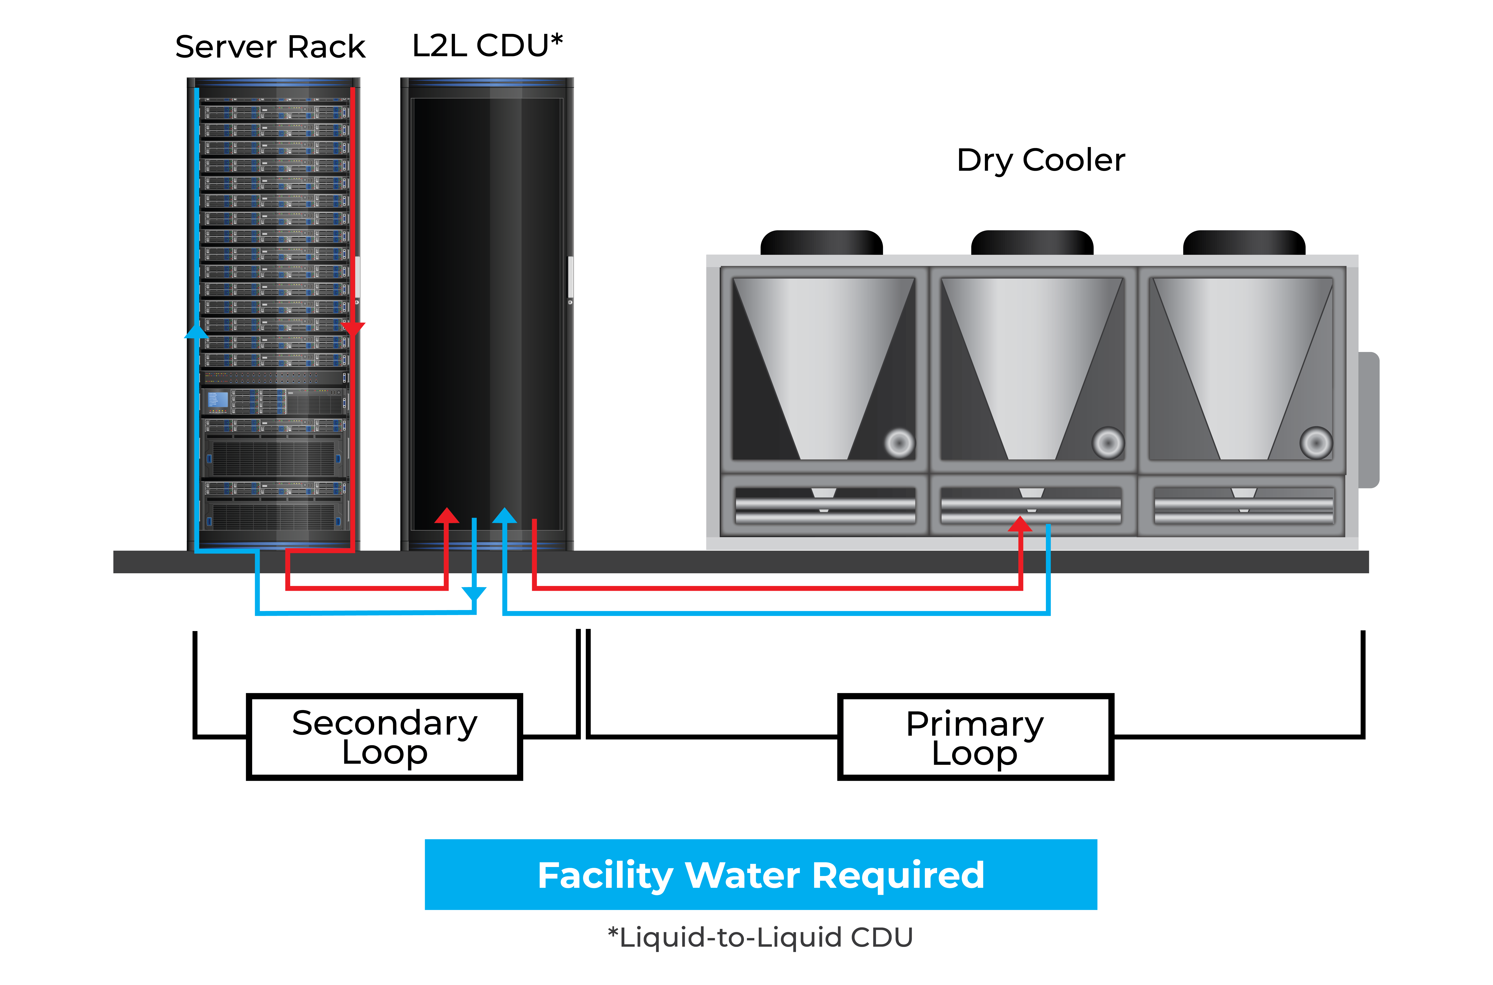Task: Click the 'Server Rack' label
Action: point(270,47)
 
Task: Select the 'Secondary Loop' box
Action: point(384,737)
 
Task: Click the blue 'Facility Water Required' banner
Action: point(761,874)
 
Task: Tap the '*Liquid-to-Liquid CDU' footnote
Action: point(760,937)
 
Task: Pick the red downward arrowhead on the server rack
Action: point(353,328)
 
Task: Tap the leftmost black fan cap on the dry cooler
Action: point(822,243)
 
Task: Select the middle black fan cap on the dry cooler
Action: point(1032,243)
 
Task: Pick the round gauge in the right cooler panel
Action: point(1316,443)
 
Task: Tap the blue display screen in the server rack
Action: point(217,399)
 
